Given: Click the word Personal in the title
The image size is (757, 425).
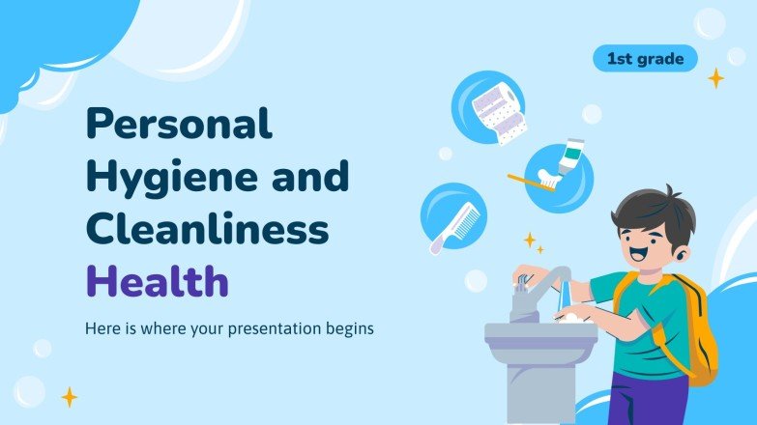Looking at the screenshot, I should point(179,126).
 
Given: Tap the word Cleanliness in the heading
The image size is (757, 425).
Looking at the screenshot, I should point(207,231).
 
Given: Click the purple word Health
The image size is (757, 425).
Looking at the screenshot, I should point(157,282).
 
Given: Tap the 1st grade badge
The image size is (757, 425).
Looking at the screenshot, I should point(645,59).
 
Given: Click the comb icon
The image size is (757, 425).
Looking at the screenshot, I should point(451,226).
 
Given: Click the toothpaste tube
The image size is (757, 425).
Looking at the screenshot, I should point(570,156).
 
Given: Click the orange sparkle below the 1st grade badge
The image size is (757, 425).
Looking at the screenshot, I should point(715,78).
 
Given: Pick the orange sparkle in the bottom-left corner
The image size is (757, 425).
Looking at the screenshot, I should point(70,396).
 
